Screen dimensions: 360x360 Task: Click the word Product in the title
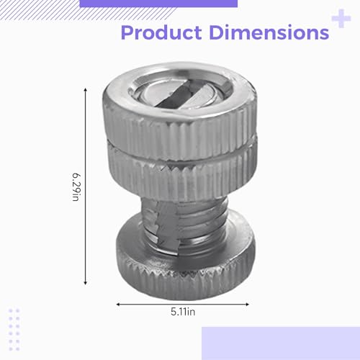(161, 32)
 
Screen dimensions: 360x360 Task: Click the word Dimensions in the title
(269, 32)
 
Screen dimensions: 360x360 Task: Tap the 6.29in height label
(76, 186)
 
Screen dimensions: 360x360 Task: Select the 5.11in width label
(183, 312)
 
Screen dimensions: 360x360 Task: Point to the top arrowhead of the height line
(85, 90)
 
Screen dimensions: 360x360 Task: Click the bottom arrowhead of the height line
(85, 283)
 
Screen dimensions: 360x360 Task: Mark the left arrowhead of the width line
(118, 305)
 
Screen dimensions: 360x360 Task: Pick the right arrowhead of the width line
(247, 305)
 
